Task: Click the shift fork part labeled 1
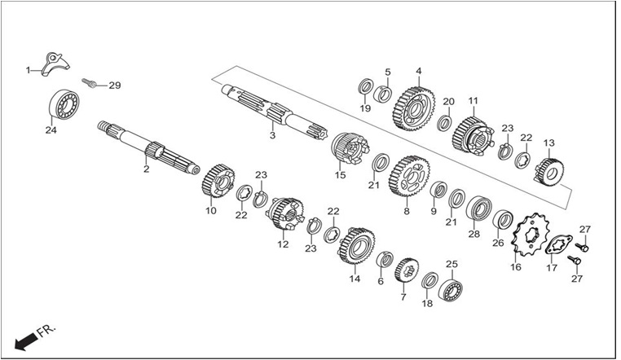55,64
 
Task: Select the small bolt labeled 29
90,83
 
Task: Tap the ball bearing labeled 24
64,104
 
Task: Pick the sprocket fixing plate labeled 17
559,244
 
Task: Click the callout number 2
147,169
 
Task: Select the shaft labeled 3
274,111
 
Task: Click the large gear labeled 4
414,108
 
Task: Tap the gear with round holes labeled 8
409,176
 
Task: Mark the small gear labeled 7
407,270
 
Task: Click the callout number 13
549,143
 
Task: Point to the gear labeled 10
218,180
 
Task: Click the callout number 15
340,175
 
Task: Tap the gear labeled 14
356,246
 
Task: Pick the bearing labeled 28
478,208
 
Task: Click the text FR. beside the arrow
46,330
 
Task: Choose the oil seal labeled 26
503,221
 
